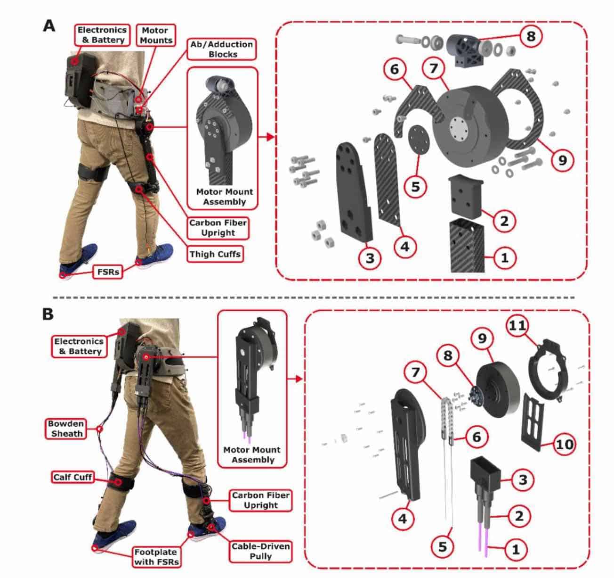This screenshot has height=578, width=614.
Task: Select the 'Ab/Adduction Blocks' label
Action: point(222,49)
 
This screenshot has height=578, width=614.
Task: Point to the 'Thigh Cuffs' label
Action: point(215,254)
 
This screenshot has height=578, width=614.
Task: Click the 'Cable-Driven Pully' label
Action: point(260,551)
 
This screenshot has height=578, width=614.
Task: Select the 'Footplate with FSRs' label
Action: point(155,557)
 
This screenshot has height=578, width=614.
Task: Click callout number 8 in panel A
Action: point(531,36)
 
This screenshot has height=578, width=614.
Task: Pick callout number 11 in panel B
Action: point(517,325)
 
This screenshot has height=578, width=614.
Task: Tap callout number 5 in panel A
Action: point(415,186)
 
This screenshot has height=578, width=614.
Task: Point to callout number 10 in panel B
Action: point(565,444)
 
